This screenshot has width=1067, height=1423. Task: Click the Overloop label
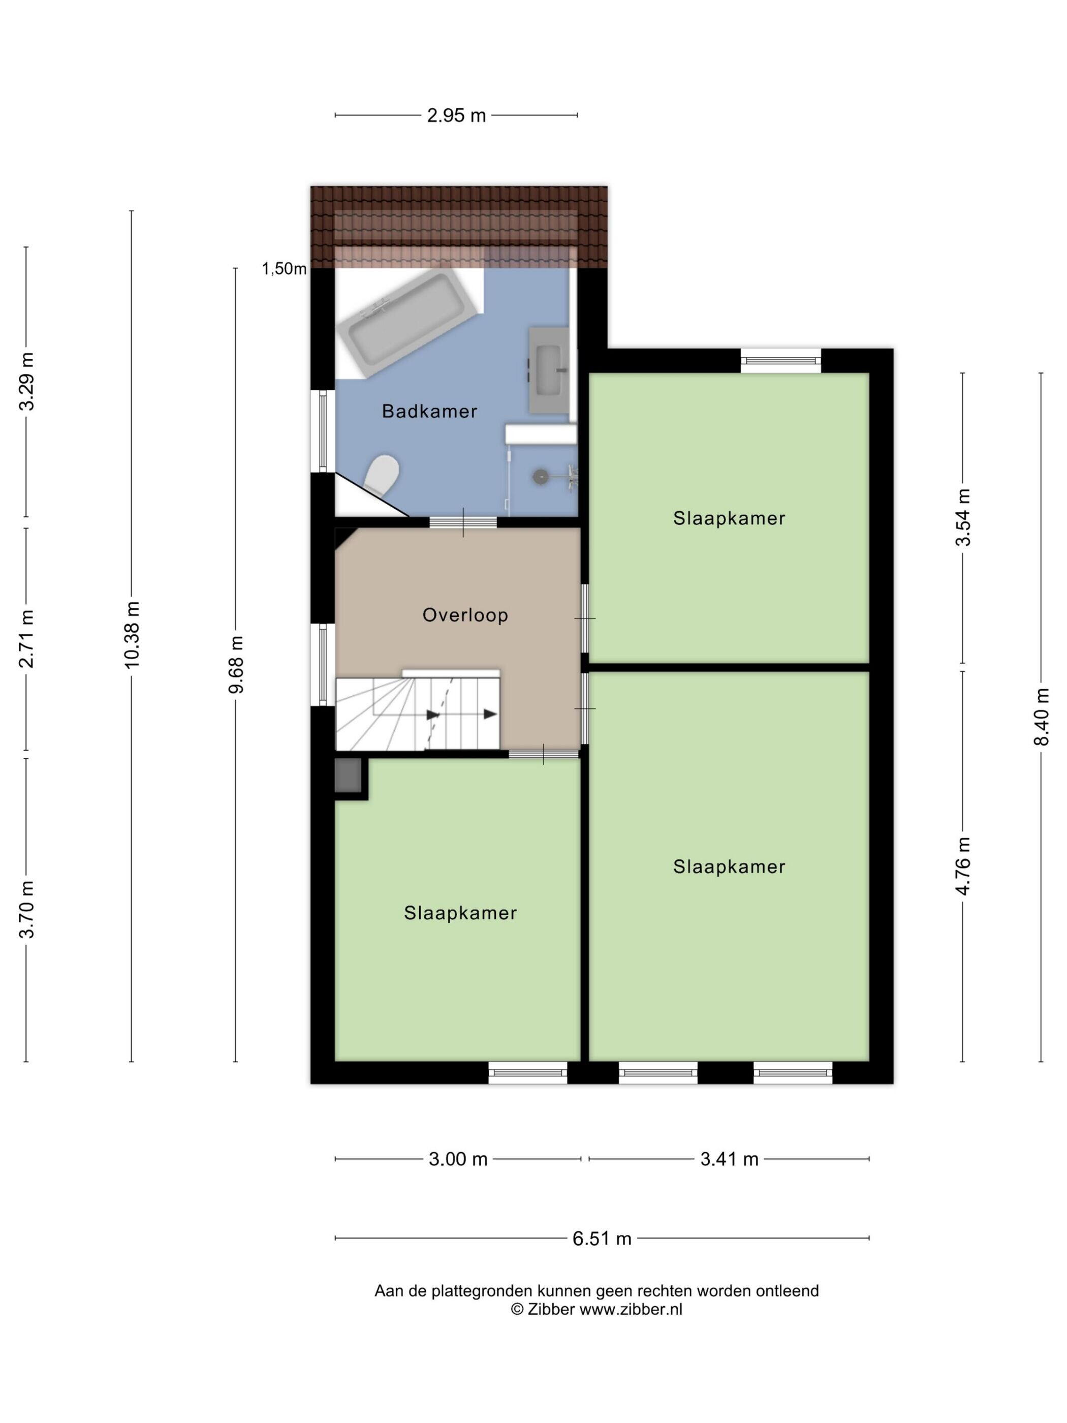(x=465, y=615)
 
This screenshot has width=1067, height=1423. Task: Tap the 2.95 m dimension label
(x=456, y=116)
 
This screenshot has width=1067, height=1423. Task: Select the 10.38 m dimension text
(x=131, y=634)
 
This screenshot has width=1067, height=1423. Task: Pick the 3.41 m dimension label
(x=729, y=1159)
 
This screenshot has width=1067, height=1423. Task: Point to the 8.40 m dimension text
(x=1041, y=717)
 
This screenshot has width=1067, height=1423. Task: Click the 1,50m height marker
(x=284, y=269)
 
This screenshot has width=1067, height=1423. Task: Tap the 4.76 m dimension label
(x=963, y=866)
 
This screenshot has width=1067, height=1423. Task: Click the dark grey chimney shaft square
(x=348, y=777)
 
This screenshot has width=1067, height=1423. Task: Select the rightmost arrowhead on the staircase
(x=490, y=714)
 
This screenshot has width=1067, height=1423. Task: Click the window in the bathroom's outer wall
(x=323, y=430)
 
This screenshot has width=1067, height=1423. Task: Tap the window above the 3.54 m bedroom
(x=781, y=360)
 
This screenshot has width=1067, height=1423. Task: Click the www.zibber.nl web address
(x=631, y=1309)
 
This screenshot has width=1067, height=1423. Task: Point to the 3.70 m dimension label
(x=26, y=910)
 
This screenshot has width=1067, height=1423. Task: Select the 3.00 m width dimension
(x=458, y=1159)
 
